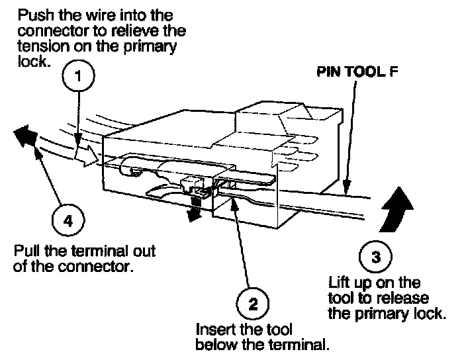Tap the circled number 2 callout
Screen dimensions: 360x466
pyautogui.click(x=252, y=305)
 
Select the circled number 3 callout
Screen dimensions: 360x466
pyautogui.click(x=375, y=257)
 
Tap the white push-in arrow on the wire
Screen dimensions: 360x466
pyautogui.click(x=87, y=156)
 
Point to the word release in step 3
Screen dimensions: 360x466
pyautogui.click(x=410, y=298)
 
